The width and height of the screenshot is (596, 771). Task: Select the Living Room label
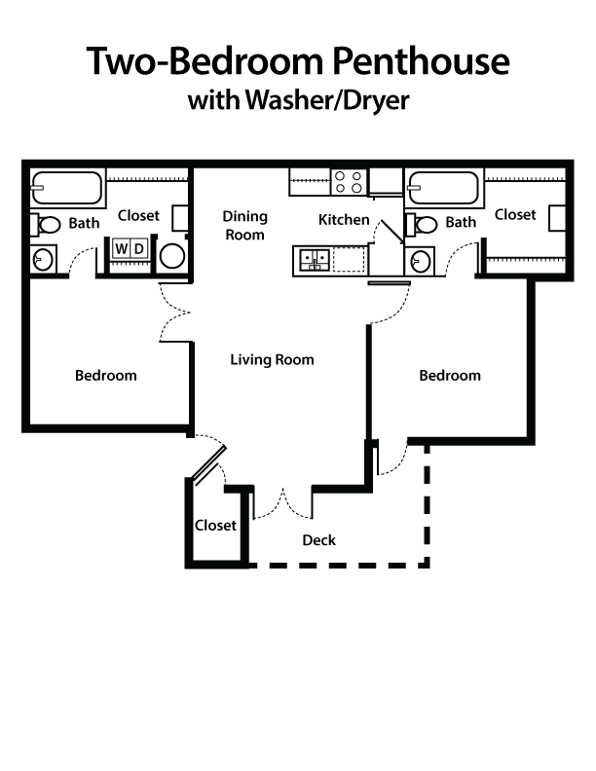[x=272, y=360]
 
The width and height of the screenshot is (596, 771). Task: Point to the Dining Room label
[x=244, y=226]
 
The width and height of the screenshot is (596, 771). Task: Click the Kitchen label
[x=344, y=220]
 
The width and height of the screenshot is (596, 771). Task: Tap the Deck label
[x=318, y=539]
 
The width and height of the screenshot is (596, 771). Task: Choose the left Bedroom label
[x=106, y=375]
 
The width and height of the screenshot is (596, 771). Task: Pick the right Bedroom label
[x=450, y=375]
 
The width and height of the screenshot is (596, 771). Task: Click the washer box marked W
[x=122, y=249]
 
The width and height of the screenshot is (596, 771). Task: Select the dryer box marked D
[x=139, y=249]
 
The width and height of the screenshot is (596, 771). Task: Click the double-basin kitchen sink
[x=314, y=258]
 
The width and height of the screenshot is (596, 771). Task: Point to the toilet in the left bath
[x=47, y=225]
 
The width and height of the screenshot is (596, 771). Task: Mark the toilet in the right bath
[x=424, y=225]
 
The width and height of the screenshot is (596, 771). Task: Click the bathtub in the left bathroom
[x=66, y=187]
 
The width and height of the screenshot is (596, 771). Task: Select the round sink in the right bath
[x=420, y=261]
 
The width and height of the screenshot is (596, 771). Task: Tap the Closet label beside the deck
[x=215, y=525]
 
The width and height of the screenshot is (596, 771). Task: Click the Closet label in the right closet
[x=515, y=214]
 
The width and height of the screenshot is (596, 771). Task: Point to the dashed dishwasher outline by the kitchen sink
[x=348, y=258]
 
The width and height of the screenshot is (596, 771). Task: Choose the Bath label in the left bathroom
[x=84, y=223]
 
